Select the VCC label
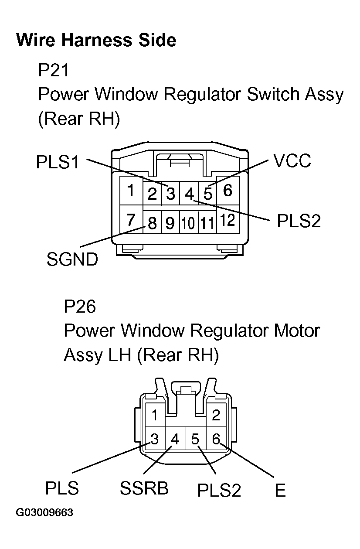292,161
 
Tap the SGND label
72,260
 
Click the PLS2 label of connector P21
299,221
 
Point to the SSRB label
144,488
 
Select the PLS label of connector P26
62,488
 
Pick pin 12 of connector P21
228,221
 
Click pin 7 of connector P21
131,220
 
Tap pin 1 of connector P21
130,191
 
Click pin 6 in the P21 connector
228,191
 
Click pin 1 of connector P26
154,415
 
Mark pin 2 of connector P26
216,415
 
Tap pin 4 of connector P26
175,439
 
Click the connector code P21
54,70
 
